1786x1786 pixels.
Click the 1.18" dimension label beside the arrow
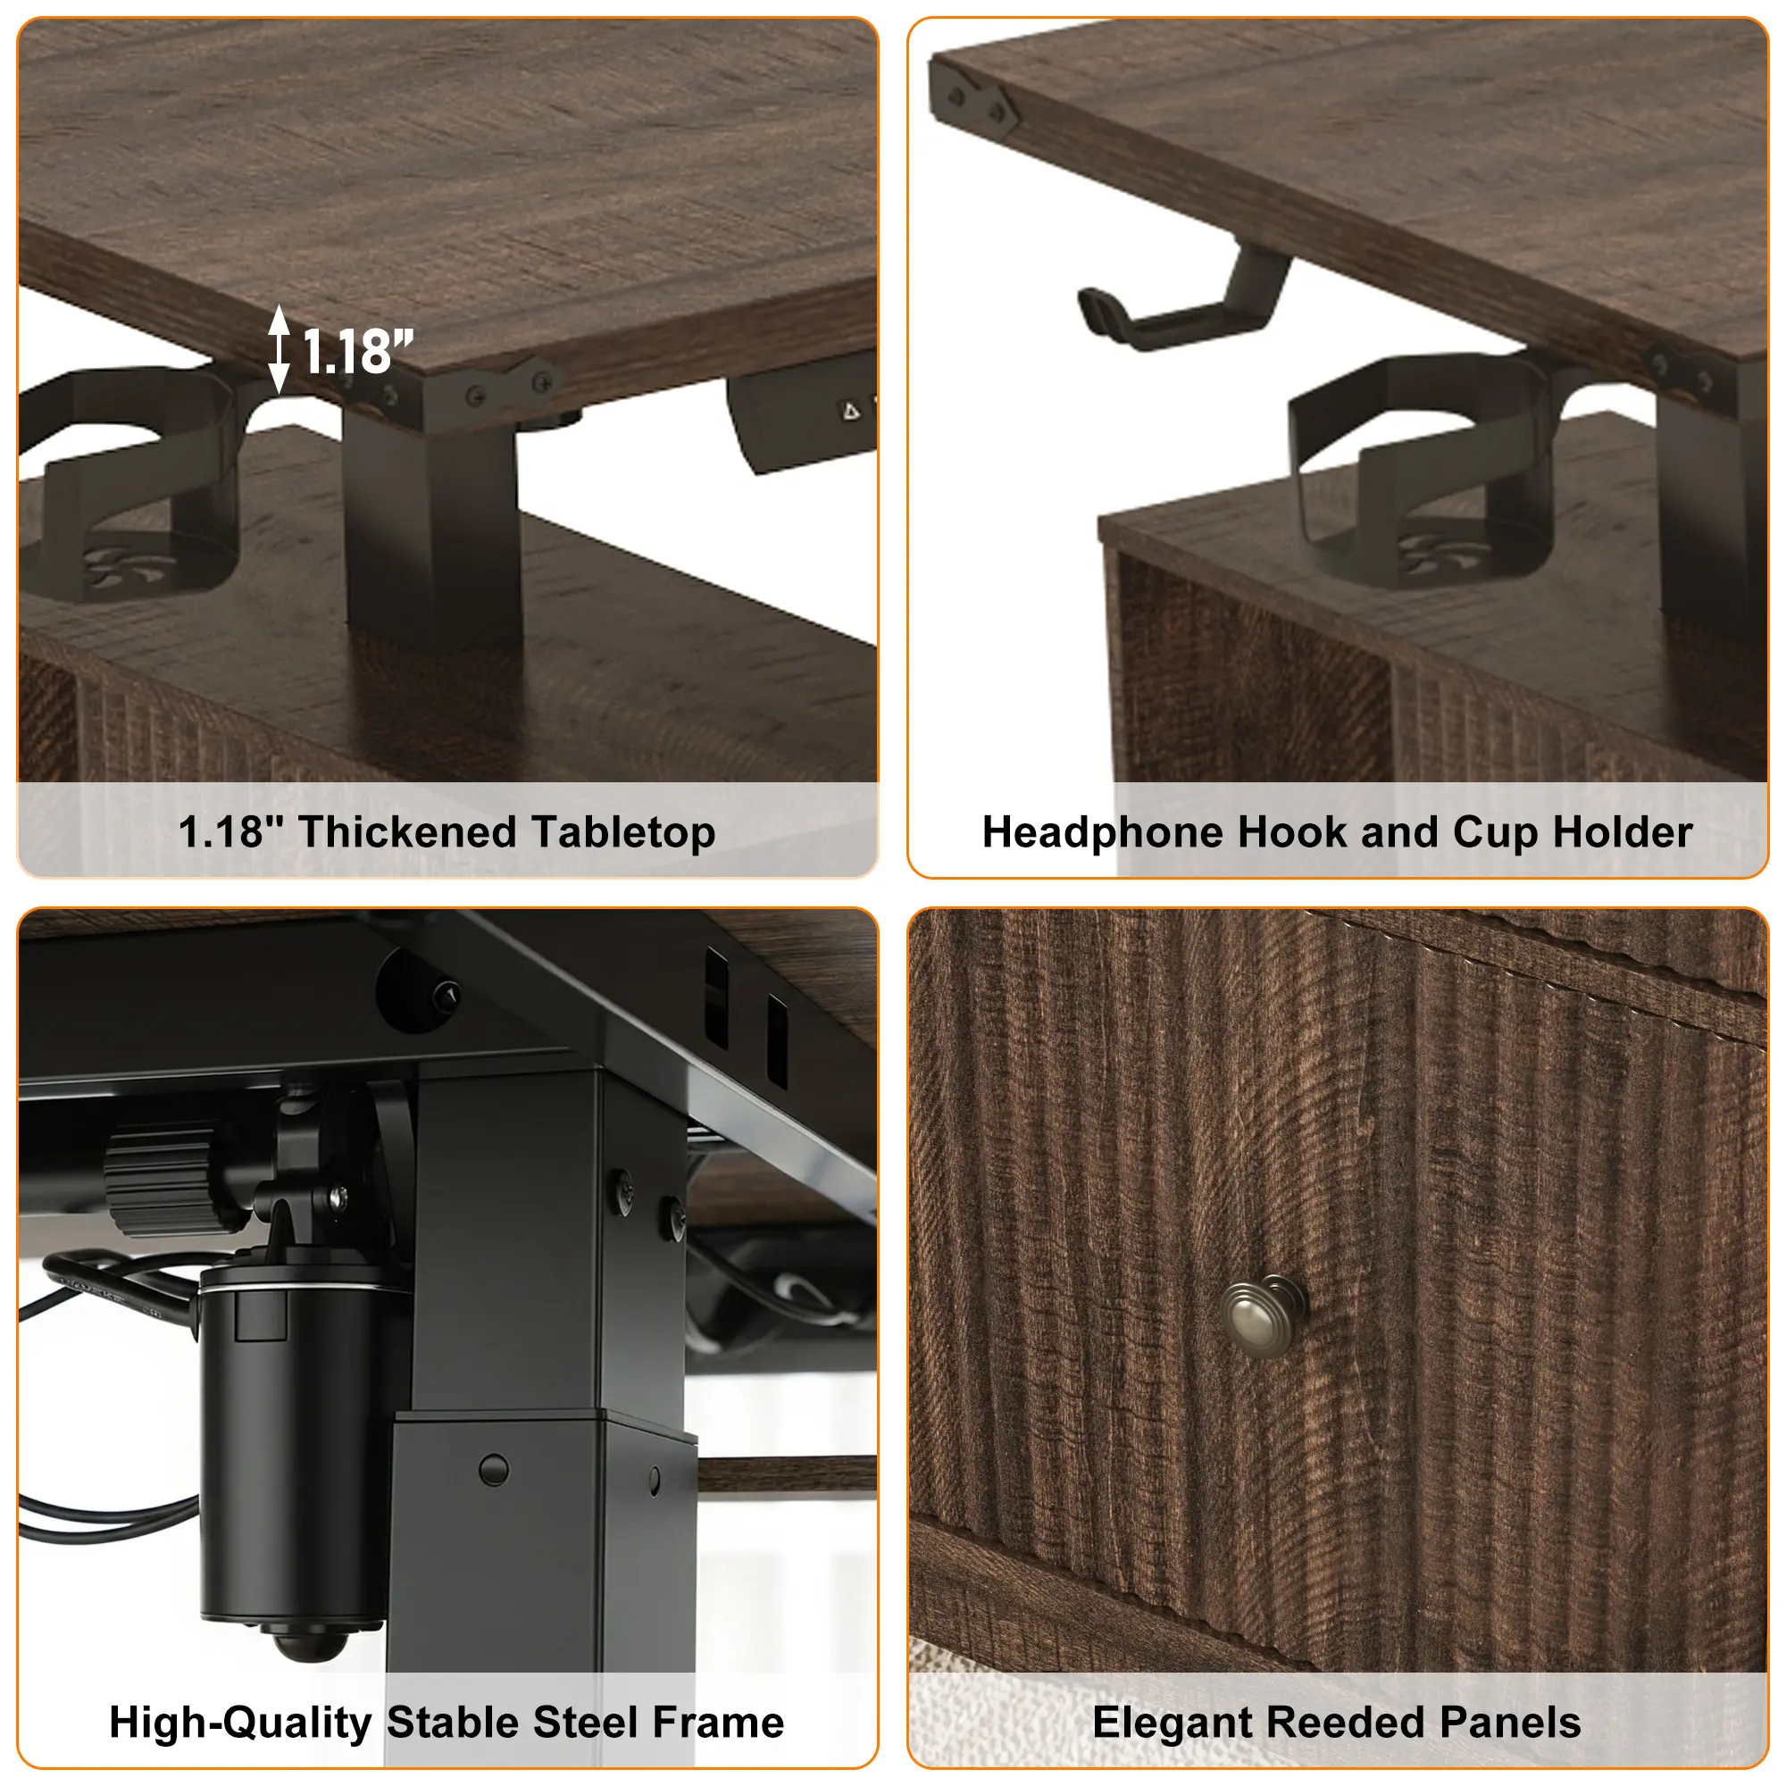pyautogui.click(x=358, y=352)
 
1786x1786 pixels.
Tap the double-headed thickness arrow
pyautogui.click(x=280, y=350)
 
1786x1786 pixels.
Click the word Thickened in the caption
pyautogui.click(x=406, y=832)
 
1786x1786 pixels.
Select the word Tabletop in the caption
pyautogui.click(x=623, y=833)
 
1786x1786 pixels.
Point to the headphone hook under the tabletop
pyautogui.click(x=1183, y=300)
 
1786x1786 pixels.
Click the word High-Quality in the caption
pyautogui.click(x=240, y=1723)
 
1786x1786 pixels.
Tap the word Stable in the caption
pyautogui.click(x=452, y=1723)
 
